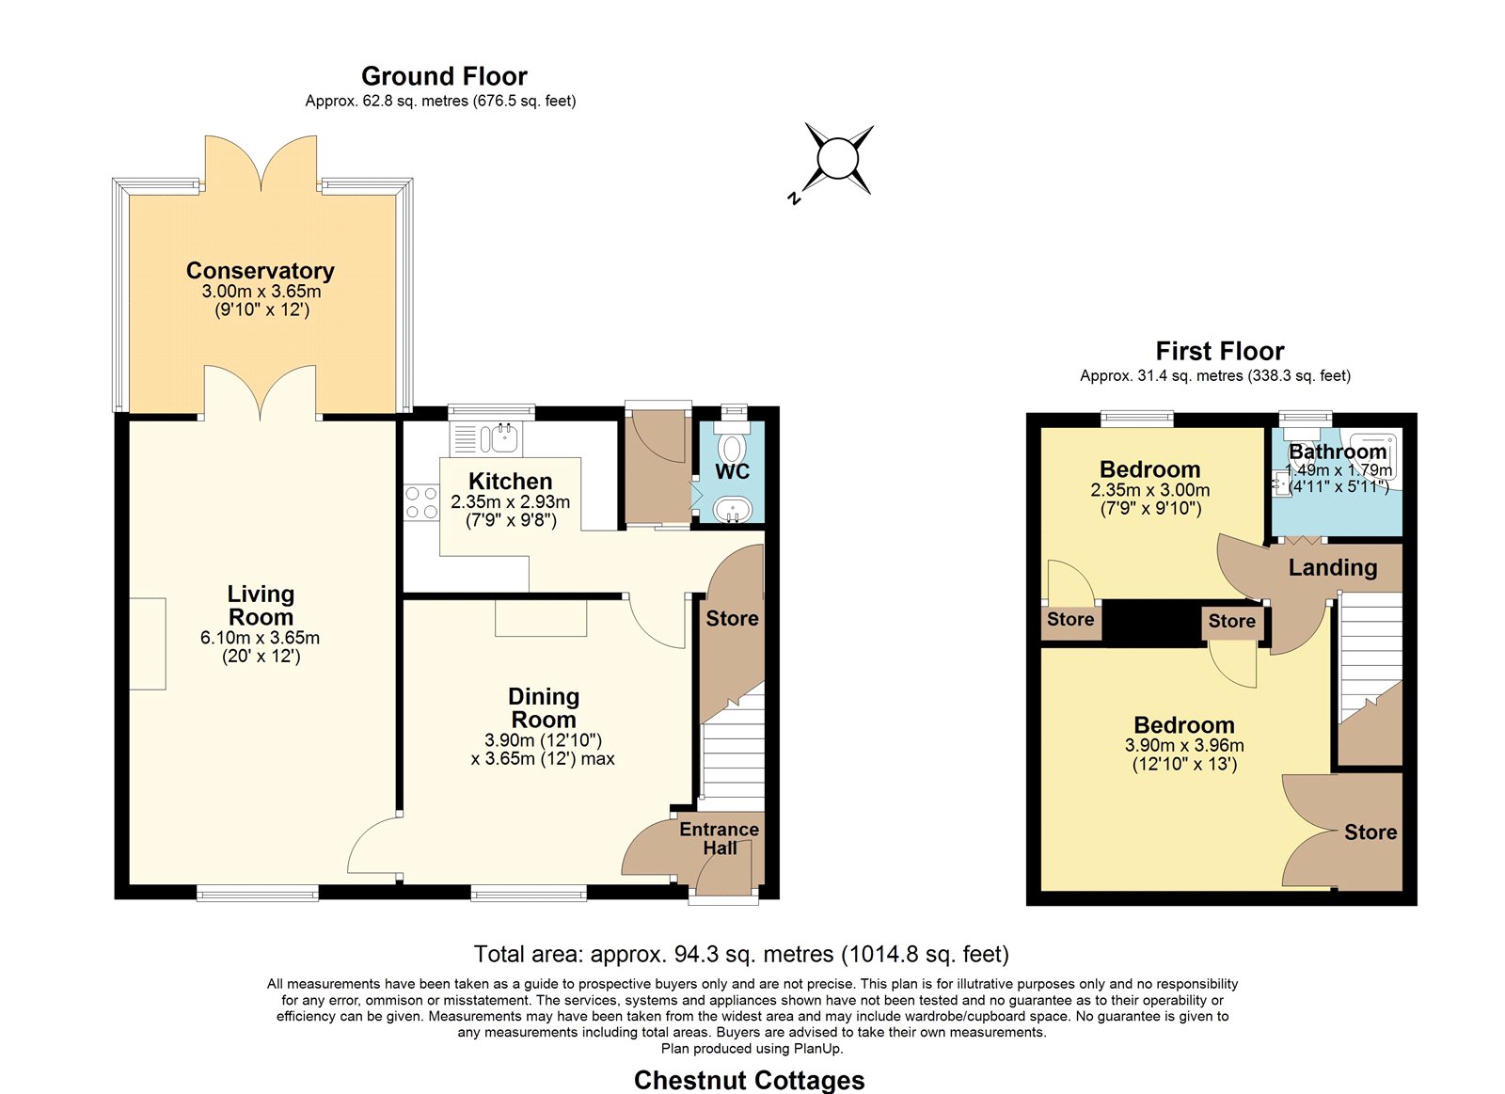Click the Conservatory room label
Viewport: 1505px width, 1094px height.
[260, 271]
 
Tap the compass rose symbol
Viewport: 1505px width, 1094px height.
[838, 159]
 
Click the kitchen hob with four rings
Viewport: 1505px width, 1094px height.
[421, 502]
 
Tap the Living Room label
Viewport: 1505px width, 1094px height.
[261, 606]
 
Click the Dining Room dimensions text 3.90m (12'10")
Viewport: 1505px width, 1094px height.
[543, 740]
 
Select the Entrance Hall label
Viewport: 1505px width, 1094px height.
[719, 838]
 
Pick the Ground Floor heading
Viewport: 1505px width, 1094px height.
[444, 76]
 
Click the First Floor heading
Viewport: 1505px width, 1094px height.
[1219, 351]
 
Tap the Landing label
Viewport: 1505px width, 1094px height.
[1333, 568]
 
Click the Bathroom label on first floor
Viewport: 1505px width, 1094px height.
[1338, 451]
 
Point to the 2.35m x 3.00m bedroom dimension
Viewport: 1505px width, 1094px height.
[1150, 490]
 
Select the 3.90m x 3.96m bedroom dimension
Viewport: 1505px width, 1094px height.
[1184, 745]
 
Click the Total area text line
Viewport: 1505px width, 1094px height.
[741, 954]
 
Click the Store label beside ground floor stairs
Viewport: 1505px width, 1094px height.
[732, 618]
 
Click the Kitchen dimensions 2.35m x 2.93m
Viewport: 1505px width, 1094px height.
[511, 502]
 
